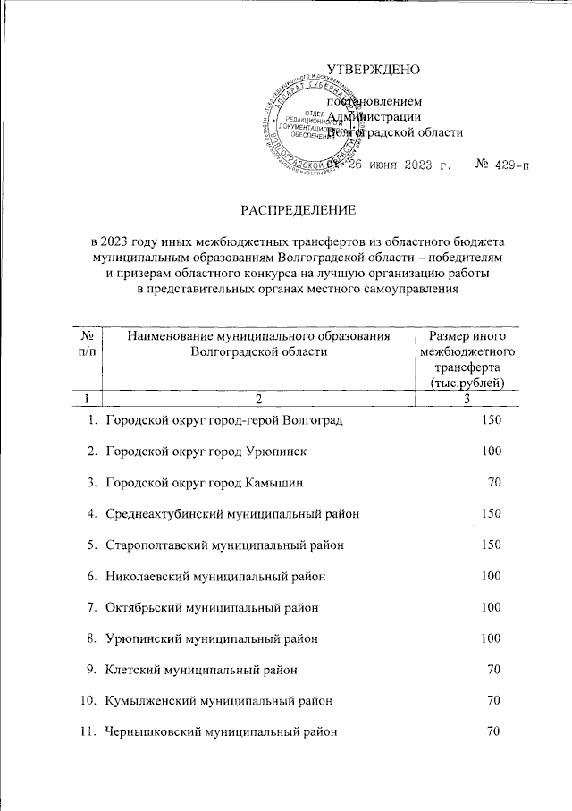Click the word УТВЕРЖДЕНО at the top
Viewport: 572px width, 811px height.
(373, 69)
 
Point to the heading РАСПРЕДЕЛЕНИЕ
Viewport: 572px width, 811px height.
(297, 210)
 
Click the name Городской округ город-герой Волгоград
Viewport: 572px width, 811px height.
(223, 419)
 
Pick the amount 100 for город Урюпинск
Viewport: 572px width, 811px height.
(491, 451)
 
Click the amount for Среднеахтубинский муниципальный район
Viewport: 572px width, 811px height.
(491, 513)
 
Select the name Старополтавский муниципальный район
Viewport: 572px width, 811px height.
(224, 545)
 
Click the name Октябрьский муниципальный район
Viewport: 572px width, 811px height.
(212, 607)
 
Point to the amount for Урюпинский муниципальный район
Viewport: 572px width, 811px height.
(491, 638)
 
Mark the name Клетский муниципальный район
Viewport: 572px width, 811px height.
(201, 670)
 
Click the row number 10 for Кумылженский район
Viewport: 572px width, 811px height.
(88, 701)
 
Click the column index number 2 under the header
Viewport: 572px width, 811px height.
(257, 397)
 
